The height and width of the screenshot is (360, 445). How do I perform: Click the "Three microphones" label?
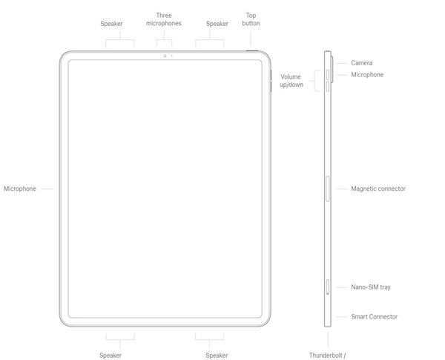point(169,19)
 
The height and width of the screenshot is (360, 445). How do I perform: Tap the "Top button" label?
point(251,19)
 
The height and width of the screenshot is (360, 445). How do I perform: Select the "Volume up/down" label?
point(291,81)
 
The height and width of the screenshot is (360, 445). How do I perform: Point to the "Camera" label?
point(362,63)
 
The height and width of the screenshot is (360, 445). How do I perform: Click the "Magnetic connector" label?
point(378,189)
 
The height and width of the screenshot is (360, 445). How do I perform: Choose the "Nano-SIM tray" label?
point(371,287)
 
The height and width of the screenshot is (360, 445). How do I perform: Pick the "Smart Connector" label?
point(375,317)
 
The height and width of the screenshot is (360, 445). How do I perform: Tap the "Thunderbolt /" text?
point(328,356)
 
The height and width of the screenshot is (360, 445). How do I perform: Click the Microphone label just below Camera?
point(367,75)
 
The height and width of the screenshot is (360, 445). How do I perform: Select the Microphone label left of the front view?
point(20,189)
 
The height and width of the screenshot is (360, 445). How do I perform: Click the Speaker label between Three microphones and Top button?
point(217,24)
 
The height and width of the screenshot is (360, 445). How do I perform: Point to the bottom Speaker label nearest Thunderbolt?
point(217,356)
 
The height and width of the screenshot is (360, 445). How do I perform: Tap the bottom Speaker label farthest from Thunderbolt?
point(111,356)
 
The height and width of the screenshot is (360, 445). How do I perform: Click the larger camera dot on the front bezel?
point(165,56)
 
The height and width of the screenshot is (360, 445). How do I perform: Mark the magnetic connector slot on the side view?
point(328,189)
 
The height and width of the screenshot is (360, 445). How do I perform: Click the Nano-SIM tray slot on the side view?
point(328,287)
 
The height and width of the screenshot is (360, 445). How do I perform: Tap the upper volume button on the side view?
point(327,74)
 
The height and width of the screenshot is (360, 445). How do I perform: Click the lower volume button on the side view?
point(327,86)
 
